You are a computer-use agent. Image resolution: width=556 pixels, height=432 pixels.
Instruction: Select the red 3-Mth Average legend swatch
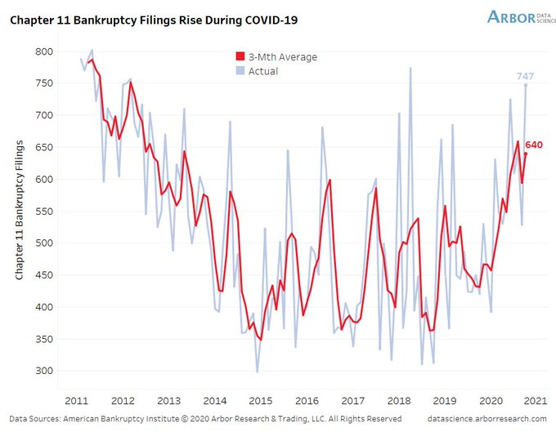[240, 57]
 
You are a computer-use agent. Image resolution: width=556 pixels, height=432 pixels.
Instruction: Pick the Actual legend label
[263, 71]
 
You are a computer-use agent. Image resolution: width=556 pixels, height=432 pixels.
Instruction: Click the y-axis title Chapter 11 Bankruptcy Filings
[20, 210]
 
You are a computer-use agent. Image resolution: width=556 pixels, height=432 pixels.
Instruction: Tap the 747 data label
[525, 76]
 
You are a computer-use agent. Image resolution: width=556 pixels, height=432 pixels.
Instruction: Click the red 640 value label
[534, 145]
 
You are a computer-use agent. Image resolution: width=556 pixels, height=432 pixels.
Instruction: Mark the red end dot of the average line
[526, 154]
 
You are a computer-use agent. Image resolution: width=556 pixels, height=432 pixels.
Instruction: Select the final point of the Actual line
[526, 85]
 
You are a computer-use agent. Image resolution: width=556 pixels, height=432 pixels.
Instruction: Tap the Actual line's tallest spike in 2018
[410, 68]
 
